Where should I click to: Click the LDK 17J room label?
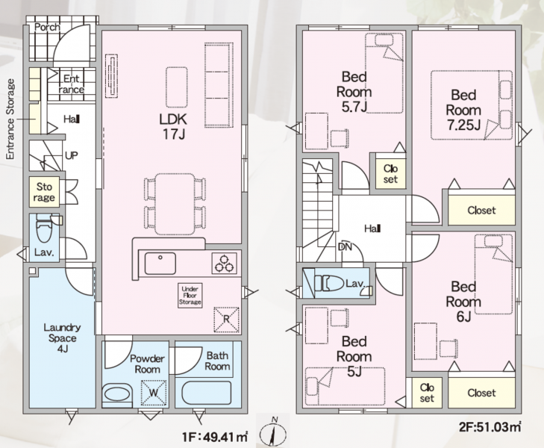[173, 126]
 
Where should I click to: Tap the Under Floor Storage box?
[190, 296]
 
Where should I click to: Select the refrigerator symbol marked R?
[227, 320]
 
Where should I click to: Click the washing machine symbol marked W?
[153, 393]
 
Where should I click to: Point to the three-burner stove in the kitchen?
[224, 263]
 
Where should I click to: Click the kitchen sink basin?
[160, 264]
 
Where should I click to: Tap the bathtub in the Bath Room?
[206, 393]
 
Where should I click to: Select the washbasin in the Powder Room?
[117, 395]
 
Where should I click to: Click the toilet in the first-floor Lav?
[45, 228]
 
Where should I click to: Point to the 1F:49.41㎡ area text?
[215, 437]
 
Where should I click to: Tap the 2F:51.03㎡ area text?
[490, 426]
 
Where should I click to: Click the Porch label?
[47, 27]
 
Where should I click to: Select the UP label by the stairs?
[72, 155]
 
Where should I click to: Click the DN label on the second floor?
[345, 246]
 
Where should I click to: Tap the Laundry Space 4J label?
[63, 337]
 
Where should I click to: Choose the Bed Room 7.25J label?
[463, 110]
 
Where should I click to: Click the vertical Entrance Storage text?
[10, 119]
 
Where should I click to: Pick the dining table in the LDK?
[175, 204]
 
